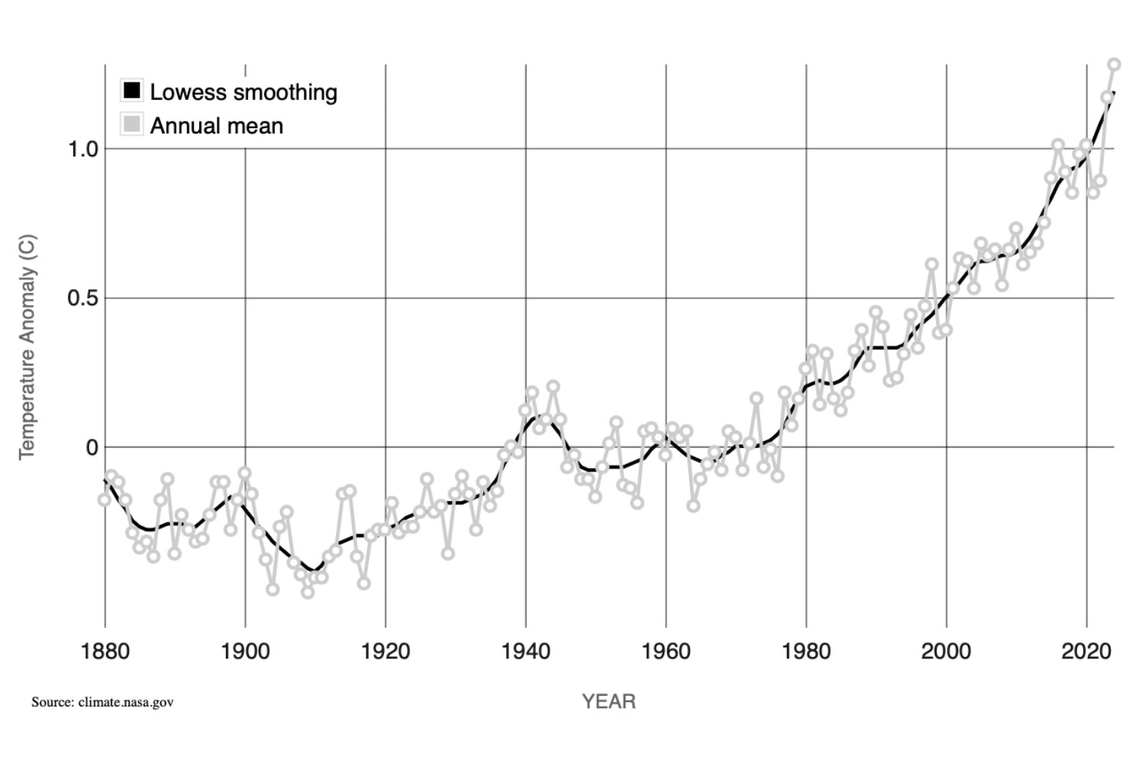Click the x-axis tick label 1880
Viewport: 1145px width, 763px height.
(x=105, y=652)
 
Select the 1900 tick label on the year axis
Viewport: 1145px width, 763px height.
(x=245, y=652)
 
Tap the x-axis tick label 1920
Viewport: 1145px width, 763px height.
(x=385, y=652)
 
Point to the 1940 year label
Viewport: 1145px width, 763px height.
(x=526, y=652)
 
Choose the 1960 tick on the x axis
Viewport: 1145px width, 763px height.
(x=666, y=652)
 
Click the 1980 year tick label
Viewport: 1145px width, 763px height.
(x=807, y=652)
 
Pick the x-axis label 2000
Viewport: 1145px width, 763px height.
(x=947, y=652)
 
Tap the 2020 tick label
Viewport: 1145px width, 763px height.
(x=1087, y=652)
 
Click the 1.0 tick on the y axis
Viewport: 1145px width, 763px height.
(x=83, y=149)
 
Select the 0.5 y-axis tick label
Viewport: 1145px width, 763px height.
(x=83, y=298)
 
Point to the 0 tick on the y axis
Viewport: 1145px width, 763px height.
(x=92, y=448)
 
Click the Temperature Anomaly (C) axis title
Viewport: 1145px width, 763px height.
(x=27, y=347)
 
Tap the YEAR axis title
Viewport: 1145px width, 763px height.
(x=608, y=701)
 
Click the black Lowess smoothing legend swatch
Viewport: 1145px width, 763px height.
(x=132, y=92)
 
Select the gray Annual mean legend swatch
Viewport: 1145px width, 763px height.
(x=132, y=124)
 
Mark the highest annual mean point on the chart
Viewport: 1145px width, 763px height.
(x=1114, y=65)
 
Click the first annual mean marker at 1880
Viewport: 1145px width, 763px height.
(x=105, y=500)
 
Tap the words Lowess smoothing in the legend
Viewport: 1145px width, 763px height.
(x=244, y=92)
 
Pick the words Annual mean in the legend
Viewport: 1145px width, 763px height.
(x=217, y=126)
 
